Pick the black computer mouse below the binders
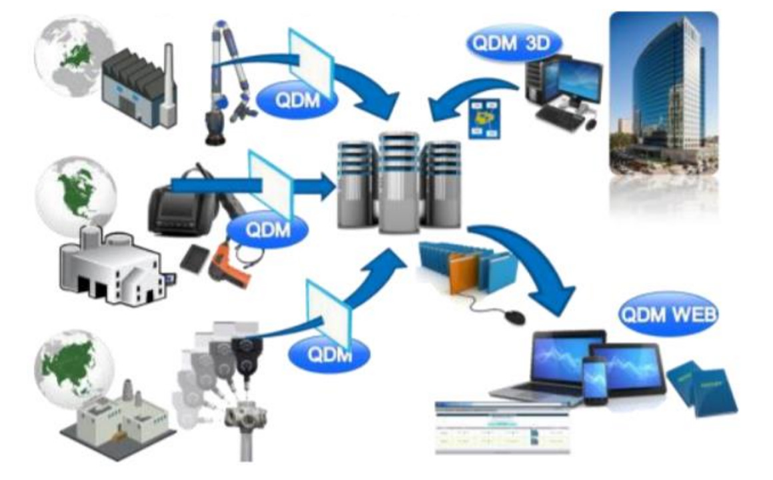pyautogui.click(x=514, y=316)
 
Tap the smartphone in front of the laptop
pyautogui.click(x=594, y=380)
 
